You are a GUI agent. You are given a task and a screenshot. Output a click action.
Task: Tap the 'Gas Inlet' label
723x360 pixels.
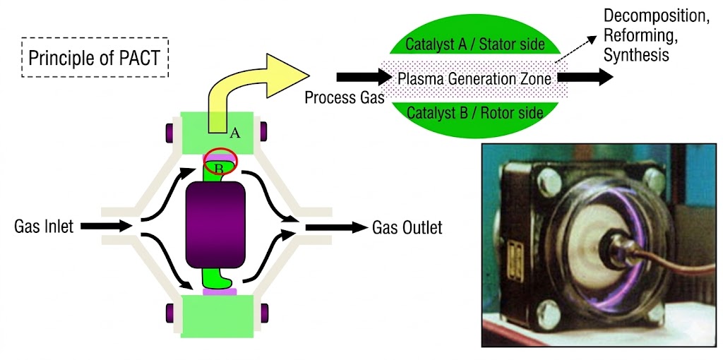point(43,227)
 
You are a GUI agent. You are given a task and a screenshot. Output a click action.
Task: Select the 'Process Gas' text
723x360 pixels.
point(344,97)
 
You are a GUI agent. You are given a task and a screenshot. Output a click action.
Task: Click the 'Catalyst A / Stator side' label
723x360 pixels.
point(475,44)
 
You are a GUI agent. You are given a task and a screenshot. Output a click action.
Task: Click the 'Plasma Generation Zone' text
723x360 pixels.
point(474,78)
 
